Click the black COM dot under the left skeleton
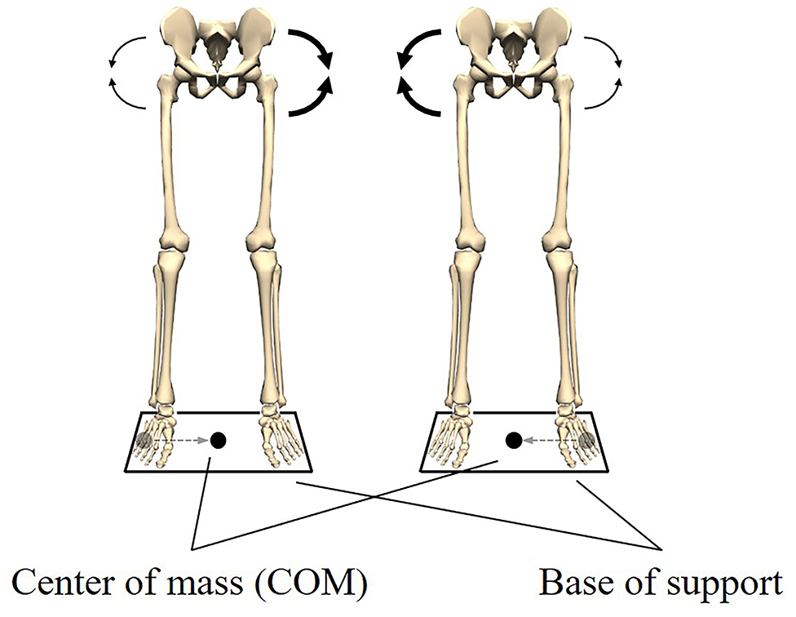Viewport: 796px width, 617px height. pos(218,441)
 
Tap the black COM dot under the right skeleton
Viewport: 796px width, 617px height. pos(514,441)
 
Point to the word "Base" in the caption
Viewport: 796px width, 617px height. pos(570,584)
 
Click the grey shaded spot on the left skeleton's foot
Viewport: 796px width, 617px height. pos(144,441)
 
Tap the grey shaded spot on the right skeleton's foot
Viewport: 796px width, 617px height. pos(587,441)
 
